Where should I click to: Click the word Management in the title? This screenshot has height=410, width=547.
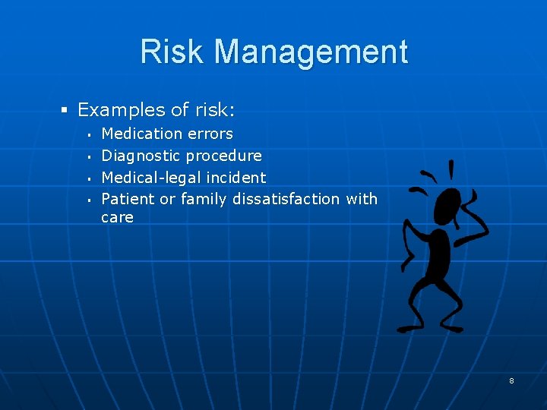[x=311, y=52]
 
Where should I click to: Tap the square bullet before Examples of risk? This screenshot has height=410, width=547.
[x=65, y=111]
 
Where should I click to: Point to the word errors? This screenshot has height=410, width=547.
[x=210, y=134]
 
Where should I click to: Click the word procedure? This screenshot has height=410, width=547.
[x=224, y=156]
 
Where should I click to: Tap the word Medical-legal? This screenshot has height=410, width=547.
[x=148, y=178]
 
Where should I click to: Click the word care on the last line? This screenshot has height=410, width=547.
[x=117, y=218]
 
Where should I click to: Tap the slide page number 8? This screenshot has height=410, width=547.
[x=511, y=380]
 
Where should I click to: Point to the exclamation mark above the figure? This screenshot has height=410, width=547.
[x=451, y=169]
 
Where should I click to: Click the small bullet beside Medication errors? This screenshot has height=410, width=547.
[x=89, y=135]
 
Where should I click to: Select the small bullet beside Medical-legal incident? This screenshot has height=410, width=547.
[x=89, y=179]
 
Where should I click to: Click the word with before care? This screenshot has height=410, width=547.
[x=361, y=199]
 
